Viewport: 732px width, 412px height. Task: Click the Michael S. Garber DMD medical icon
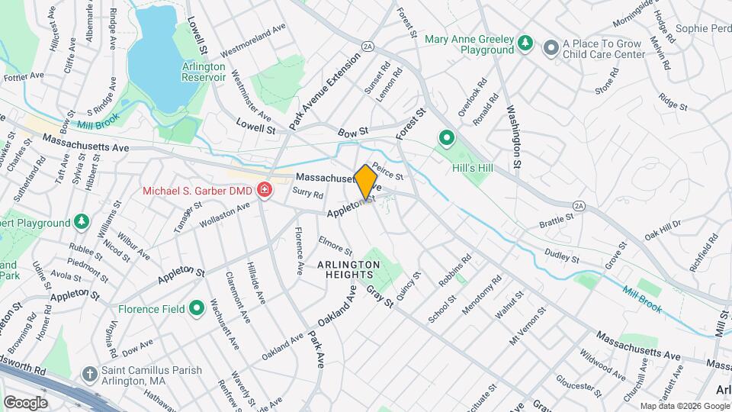265,189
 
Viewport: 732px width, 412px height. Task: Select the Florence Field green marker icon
197,309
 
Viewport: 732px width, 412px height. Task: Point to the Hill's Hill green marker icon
446,138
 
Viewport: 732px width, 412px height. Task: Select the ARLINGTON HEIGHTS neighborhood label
348,269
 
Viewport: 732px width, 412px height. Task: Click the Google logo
26,402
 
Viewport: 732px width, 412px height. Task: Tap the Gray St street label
380,298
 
